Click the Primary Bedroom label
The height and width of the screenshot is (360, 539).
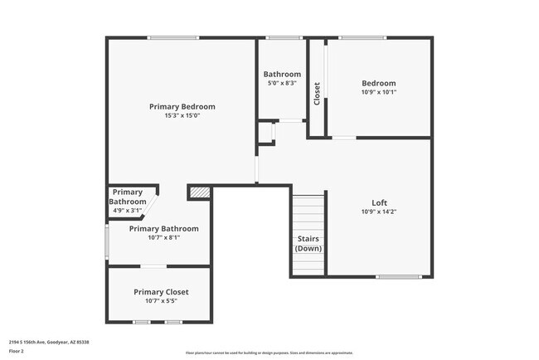coord(182,106)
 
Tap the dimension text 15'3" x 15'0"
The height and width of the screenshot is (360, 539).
coord(182,116)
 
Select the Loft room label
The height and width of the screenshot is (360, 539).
coord(379,202)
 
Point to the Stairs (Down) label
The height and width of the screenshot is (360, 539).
coord(308,244)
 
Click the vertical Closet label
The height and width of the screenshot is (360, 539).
coord(317,93)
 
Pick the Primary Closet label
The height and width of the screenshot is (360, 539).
coord(161,292)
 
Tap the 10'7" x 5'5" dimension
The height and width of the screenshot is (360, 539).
coord(161,301)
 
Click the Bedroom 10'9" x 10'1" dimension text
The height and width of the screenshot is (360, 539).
coord(379,92)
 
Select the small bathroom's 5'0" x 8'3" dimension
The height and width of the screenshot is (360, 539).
coord(282,83)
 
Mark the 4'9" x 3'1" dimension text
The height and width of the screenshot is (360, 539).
coord(127,211)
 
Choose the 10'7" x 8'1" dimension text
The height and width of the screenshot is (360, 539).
coord(163,237)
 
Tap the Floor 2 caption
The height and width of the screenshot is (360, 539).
coord(17,351)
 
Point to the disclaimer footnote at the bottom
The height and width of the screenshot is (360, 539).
coord(269,353)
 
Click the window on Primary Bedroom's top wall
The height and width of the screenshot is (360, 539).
coord(173,37)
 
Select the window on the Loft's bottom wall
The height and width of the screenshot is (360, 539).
coord(399,276)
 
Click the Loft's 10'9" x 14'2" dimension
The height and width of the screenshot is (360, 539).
coord(379,212)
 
